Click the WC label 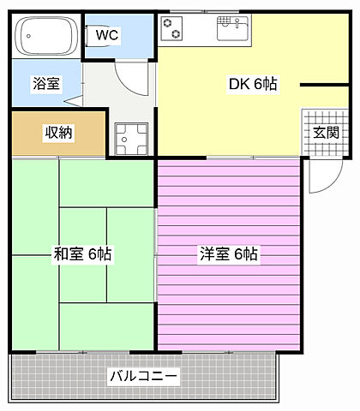(x=106, y=35)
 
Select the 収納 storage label (x=58, y=132)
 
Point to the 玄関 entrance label (x=325, y=132)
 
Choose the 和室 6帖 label (x=82, y=253)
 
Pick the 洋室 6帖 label (x=229, y=253)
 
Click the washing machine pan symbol (x=131, y=138)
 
